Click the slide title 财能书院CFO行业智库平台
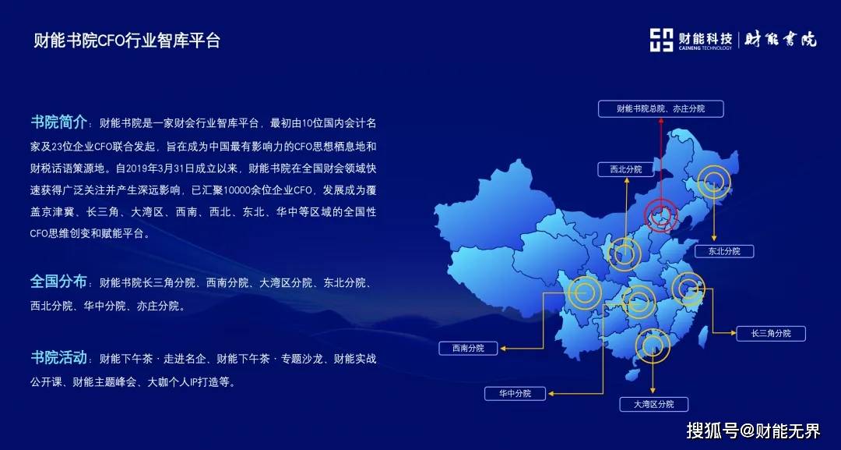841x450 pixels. point(127,41)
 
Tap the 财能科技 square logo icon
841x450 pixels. point(661,41)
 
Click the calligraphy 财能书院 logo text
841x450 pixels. point(780,40)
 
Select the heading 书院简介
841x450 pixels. point(58,122)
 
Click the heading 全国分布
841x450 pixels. point(58,282)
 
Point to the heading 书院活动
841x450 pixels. point(58,358)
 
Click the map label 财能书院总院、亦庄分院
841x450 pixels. point(661,108)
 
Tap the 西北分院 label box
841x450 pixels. point(626,169)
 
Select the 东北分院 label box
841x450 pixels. point(724,251)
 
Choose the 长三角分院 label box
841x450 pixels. point(771,334)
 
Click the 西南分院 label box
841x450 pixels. point(468,348)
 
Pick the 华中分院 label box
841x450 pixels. point(515,394)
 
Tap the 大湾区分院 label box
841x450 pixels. point(653,404)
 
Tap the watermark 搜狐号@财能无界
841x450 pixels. point(753,431)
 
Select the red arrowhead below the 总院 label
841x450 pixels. point(661,120)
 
